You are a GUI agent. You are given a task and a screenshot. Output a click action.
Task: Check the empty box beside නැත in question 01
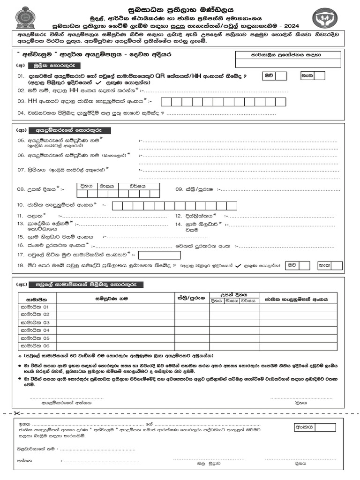click(320, 76)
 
